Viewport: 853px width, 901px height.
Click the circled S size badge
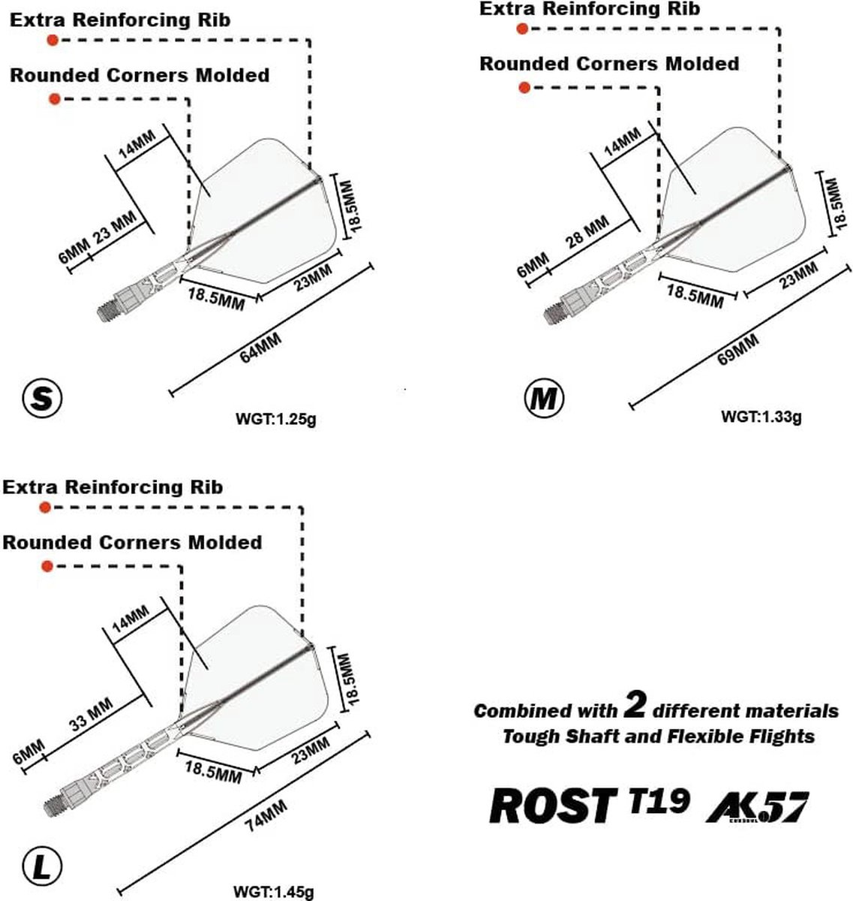click(x=42, y=397)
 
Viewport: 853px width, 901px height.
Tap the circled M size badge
click(x=544, y=397)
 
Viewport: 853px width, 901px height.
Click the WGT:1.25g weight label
click(x=276, y=419)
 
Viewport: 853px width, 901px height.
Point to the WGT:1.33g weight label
click(x=761, y=417)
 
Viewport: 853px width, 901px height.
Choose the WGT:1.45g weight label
click(x=274, y=891)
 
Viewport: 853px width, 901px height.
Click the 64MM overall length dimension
click(x=260, y=348)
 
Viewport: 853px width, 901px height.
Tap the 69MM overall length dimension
click(x=737, y=349)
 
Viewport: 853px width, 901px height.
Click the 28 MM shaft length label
click(x=587, y=231)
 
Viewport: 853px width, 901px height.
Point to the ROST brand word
click(x=553, y=806)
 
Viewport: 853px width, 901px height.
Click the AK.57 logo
click(x=756, y=807)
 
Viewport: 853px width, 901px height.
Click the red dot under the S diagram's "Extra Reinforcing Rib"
click(x=53, y=41)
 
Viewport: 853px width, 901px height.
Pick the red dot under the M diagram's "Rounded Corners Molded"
click(x=524, y=87)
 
